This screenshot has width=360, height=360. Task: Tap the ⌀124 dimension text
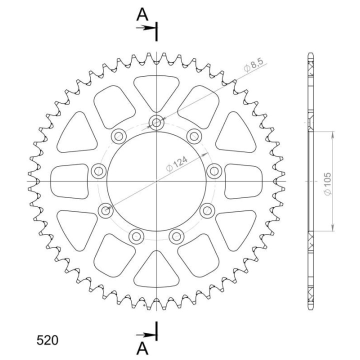tap(177, 164)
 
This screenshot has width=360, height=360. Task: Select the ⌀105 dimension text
tap(327, 184)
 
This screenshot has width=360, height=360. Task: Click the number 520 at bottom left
tap(47, 340)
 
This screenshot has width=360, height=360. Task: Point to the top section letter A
tap(142, 15)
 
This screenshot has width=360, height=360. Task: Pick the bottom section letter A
tap(142, 349)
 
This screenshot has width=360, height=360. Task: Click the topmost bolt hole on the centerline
tap(156, 122)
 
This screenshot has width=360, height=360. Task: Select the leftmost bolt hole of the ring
tap(98, 171)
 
